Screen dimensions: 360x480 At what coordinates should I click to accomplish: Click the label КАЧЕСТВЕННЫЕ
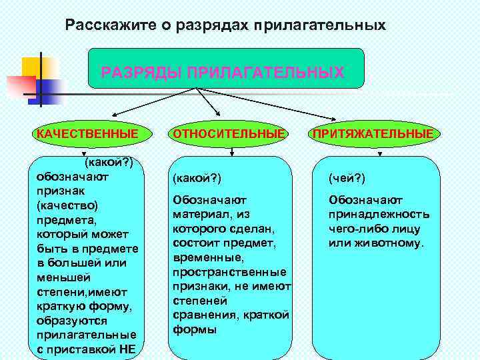[x=87, y=134]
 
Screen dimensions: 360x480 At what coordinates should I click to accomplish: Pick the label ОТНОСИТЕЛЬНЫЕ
[x=229, y=134]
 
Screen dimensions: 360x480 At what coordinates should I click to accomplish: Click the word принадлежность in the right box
[x=379, y=214]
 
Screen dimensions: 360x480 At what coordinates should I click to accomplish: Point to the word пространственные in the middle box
[x=229, y=272]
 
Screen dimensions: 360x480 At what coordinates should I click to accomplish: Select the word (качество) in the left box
[x=67, y=204]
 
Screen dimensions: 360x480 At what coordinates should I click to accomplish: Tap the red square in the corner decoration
[x=18, y=86]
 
